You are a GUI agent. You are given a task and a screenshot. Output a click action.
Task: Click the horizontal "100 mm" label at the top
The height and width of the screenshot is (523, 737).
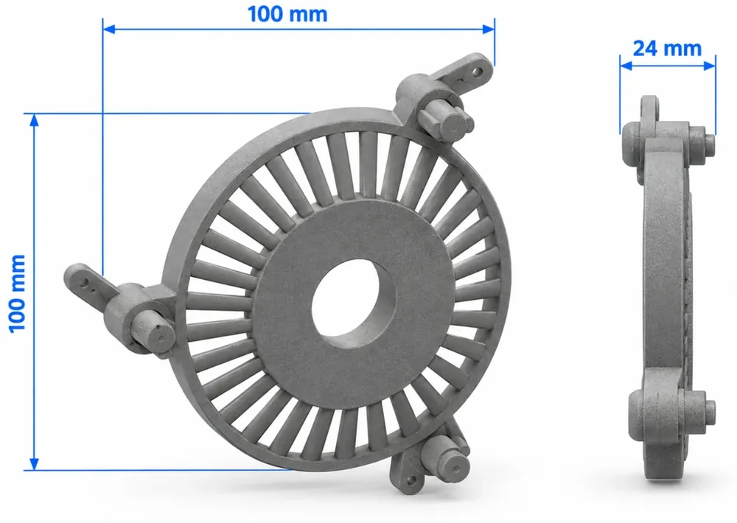click(287, 14)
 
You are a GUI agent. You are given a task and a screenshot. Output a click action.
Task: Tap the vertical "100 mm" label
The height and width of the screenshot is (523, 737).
click(17, 294)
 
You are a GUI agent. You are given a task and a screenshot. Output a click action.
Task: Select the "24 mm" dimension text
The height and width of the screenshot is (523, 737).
click(667, 49)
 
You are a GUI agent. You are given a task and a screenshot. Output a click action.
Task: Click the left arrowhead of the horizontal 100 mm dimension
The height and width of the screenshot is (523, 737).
click(109, 29)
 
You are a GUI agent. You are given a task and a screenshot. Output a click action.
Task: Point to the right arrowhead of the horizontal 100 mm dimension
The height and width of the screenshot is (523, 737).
click(489, 29)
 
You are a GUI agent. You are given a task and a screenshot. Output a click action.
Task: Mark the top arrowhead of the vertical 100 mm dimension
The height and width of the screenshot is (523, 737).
click(34, 120)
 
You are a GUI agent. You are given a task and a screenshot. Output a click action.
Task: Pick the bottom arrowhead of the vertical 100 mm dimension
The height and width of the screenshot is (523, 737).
click(34, 463)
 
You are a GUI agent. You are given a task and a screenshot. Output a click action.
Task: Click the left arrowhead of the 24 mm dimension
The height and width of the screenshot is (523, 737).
click(626, 66)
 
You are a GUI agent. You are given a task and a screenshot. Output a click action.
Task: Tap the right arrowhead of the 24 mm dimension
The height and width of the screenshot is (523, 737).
click(709, 66)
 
